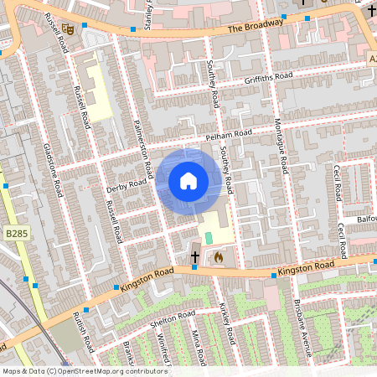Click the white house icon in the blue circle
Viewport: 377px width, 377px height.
188,180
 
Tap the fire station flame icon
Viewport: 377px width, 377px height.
219,256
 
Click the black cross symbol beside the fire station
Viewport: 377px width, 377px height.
195,256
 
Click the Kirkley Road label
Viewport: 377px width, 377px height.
226,323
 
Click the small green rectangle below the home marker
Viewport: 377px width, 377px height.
209,238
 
